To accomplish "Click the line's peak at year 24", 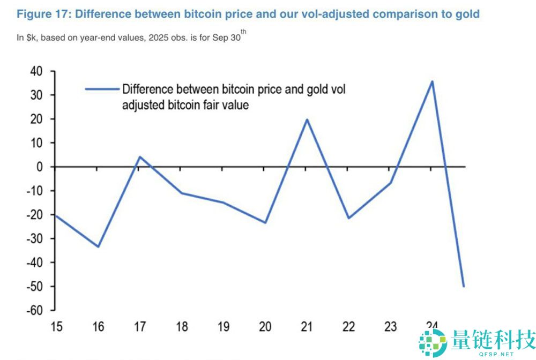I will pyautogui.click(x=432, y=81).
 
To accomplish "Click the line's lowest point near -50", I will pyautogui.click(x=464, y=287).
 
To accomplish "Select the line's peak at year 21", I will pyautogui.click(x=307, y=119).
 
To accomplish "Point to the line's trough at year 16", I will pyautogui.click(x=98, y=246).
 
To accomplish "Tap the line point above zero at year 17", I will pyautogui.click(x=139, y=157).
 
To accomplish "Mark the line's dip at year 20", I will pyautogui.click(x=265, y=222).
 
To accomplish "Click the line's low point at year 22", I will pyautogui.click(x=349, y=218).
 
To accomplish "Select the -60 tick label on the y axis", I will pyautogui.click(x=34, y=311).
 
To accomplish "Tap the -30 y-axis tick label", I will pyautogui.click(x=34, y=238).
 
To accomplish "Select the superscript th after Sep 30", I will pyautogui.click(x=243, y=32).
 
